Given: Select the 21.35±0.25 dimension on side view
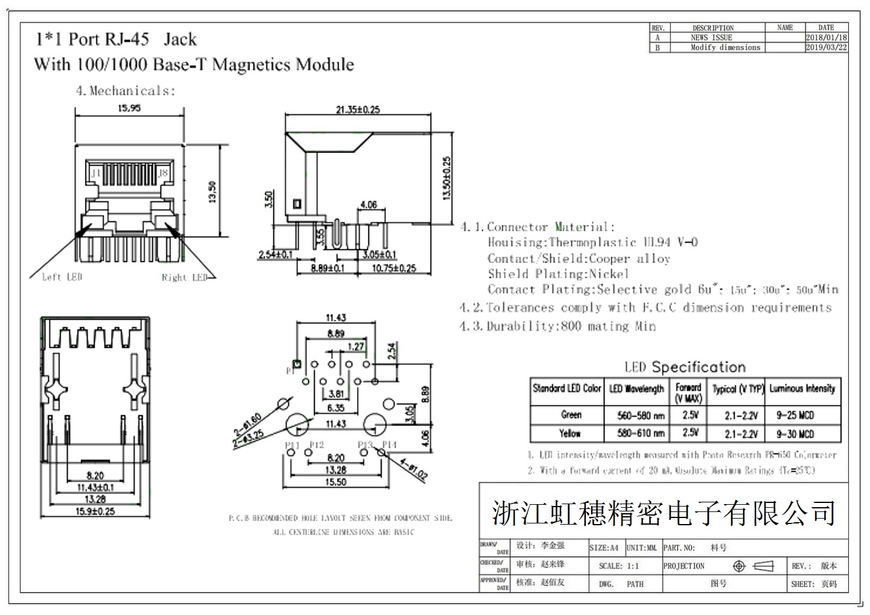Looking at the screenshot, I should pyautogui.click(x=358, y=110).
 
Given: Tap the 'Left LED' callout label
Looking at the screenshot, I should pyautogui.click(x=61, y=277).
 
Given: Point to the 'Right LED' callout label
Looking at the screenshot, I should pyautogui.click(x=184, y=278).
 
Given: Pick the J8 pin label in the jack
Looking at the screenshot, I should pyautogui.click(x=162, y=173).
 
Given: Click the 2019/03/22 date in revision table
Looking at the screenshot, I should pyautogui.click(x=826, y=47).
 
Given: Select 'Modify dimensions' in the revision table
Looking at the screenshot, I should pyautogui.click(x=725, y=47).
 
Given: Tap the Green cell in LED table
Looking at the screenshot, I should pyautogui.click(x=571, y=414).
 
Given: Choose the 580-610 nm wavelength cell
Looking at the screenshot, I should pyautogui.click(x=641, y=433).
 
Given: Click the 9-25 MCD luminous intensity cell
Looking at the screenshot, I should pyautogui.click(x=795, y=415).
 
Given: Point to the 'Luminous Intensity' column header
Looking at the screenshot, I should pyautogui.click(x=802, y=389).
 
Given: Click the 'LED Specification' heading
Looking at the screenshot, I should pyautogui.click(x=685, y=367).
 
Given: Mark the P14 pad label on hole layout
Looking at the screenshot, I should pyautogui.click(x=390, y=445).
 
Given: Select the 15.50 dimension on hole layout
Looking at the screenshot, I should pyautogui.click(x=336, y=482).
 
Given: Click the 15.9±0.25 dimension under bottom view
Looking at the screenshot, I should pyautogui.click(x=95, y=511).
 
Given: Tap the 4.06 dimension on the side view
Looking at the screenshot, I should pyautogui.click(x=368, y=205).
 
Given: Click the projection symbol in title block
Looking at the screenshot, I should pyautogui.click(x=753, y=566).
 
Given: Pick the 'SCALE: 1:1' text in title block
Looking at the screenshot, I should pyautogui.click(x=618, y=566).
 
